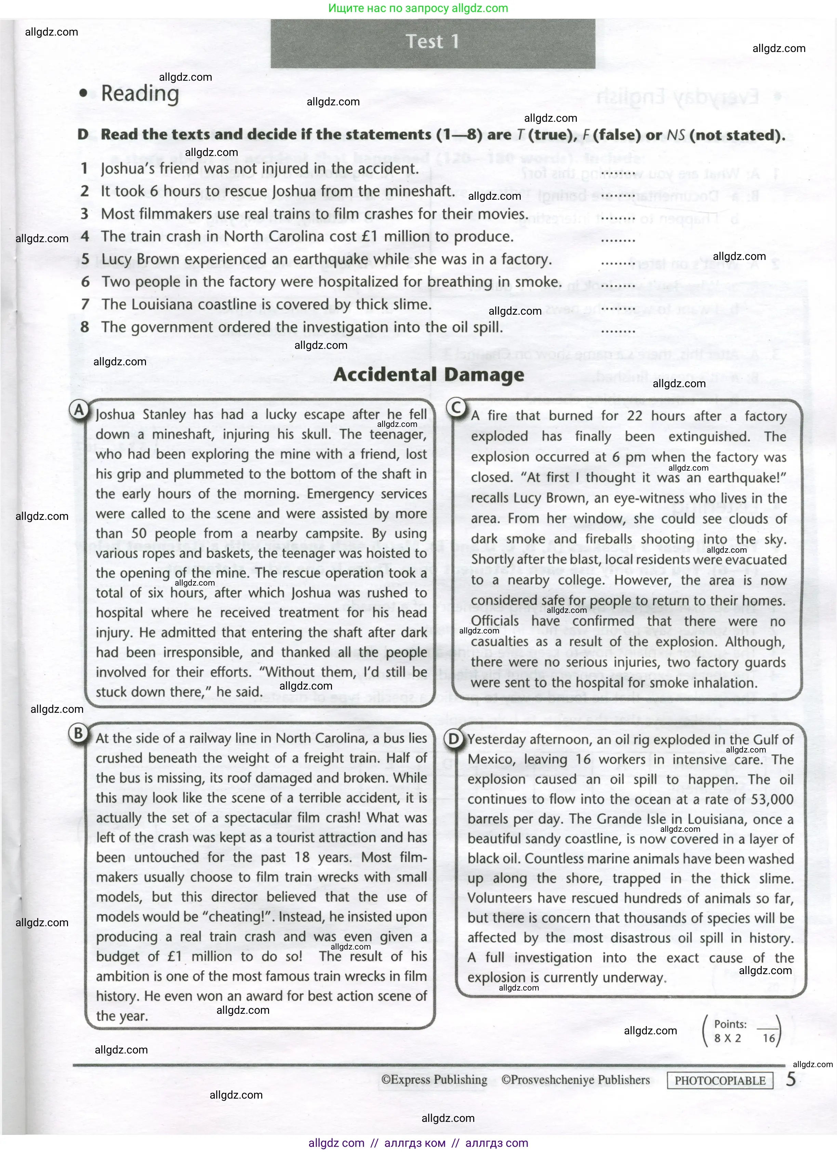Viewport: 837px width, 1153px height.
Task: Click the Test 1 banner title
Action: [433, 42]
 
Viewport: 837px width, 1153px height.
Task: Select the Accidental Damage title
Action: [428, 375]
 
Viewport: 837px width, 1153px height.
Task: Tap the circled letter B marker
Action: [78, 733]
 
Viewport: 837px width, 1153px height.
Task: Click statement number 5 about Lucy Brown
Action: [325, 259]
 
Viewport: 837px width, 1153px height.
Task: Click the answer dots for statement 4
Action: [618, 239]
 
